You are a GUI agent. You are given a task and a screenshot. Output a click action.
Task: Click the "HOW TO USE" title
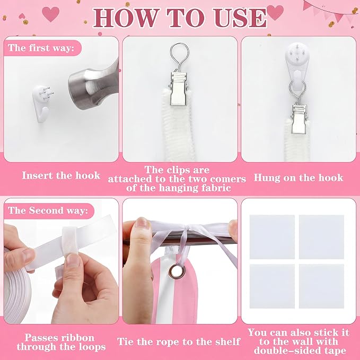(180, 17)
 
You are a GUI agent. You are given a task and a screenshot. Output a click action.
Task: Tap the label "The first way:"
(41, 48)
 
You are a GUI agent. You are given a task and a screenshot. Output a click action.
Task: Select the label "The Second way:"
(48, 210)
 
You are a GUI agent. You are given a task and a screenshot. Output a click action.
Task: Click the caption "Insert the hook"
(61, 175)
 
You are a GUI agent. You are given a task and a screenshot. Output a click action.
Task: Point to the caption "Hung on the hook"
(298, 178)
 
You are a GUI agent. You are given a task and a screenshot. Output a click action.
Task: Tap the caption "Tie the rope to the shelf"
(179, 341)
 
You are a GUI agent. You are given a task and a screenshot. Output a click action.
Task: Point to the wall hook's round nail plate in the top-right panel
(296, 52)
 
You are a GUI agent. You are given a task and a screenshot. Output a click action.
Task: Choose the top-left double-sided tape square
(272, 237)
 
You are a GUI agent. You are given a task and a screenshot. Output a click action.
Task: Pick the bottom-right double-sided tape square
(321, 286)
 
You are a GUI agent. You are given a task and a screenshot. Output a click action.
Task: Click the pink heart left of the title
(50, 14)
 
